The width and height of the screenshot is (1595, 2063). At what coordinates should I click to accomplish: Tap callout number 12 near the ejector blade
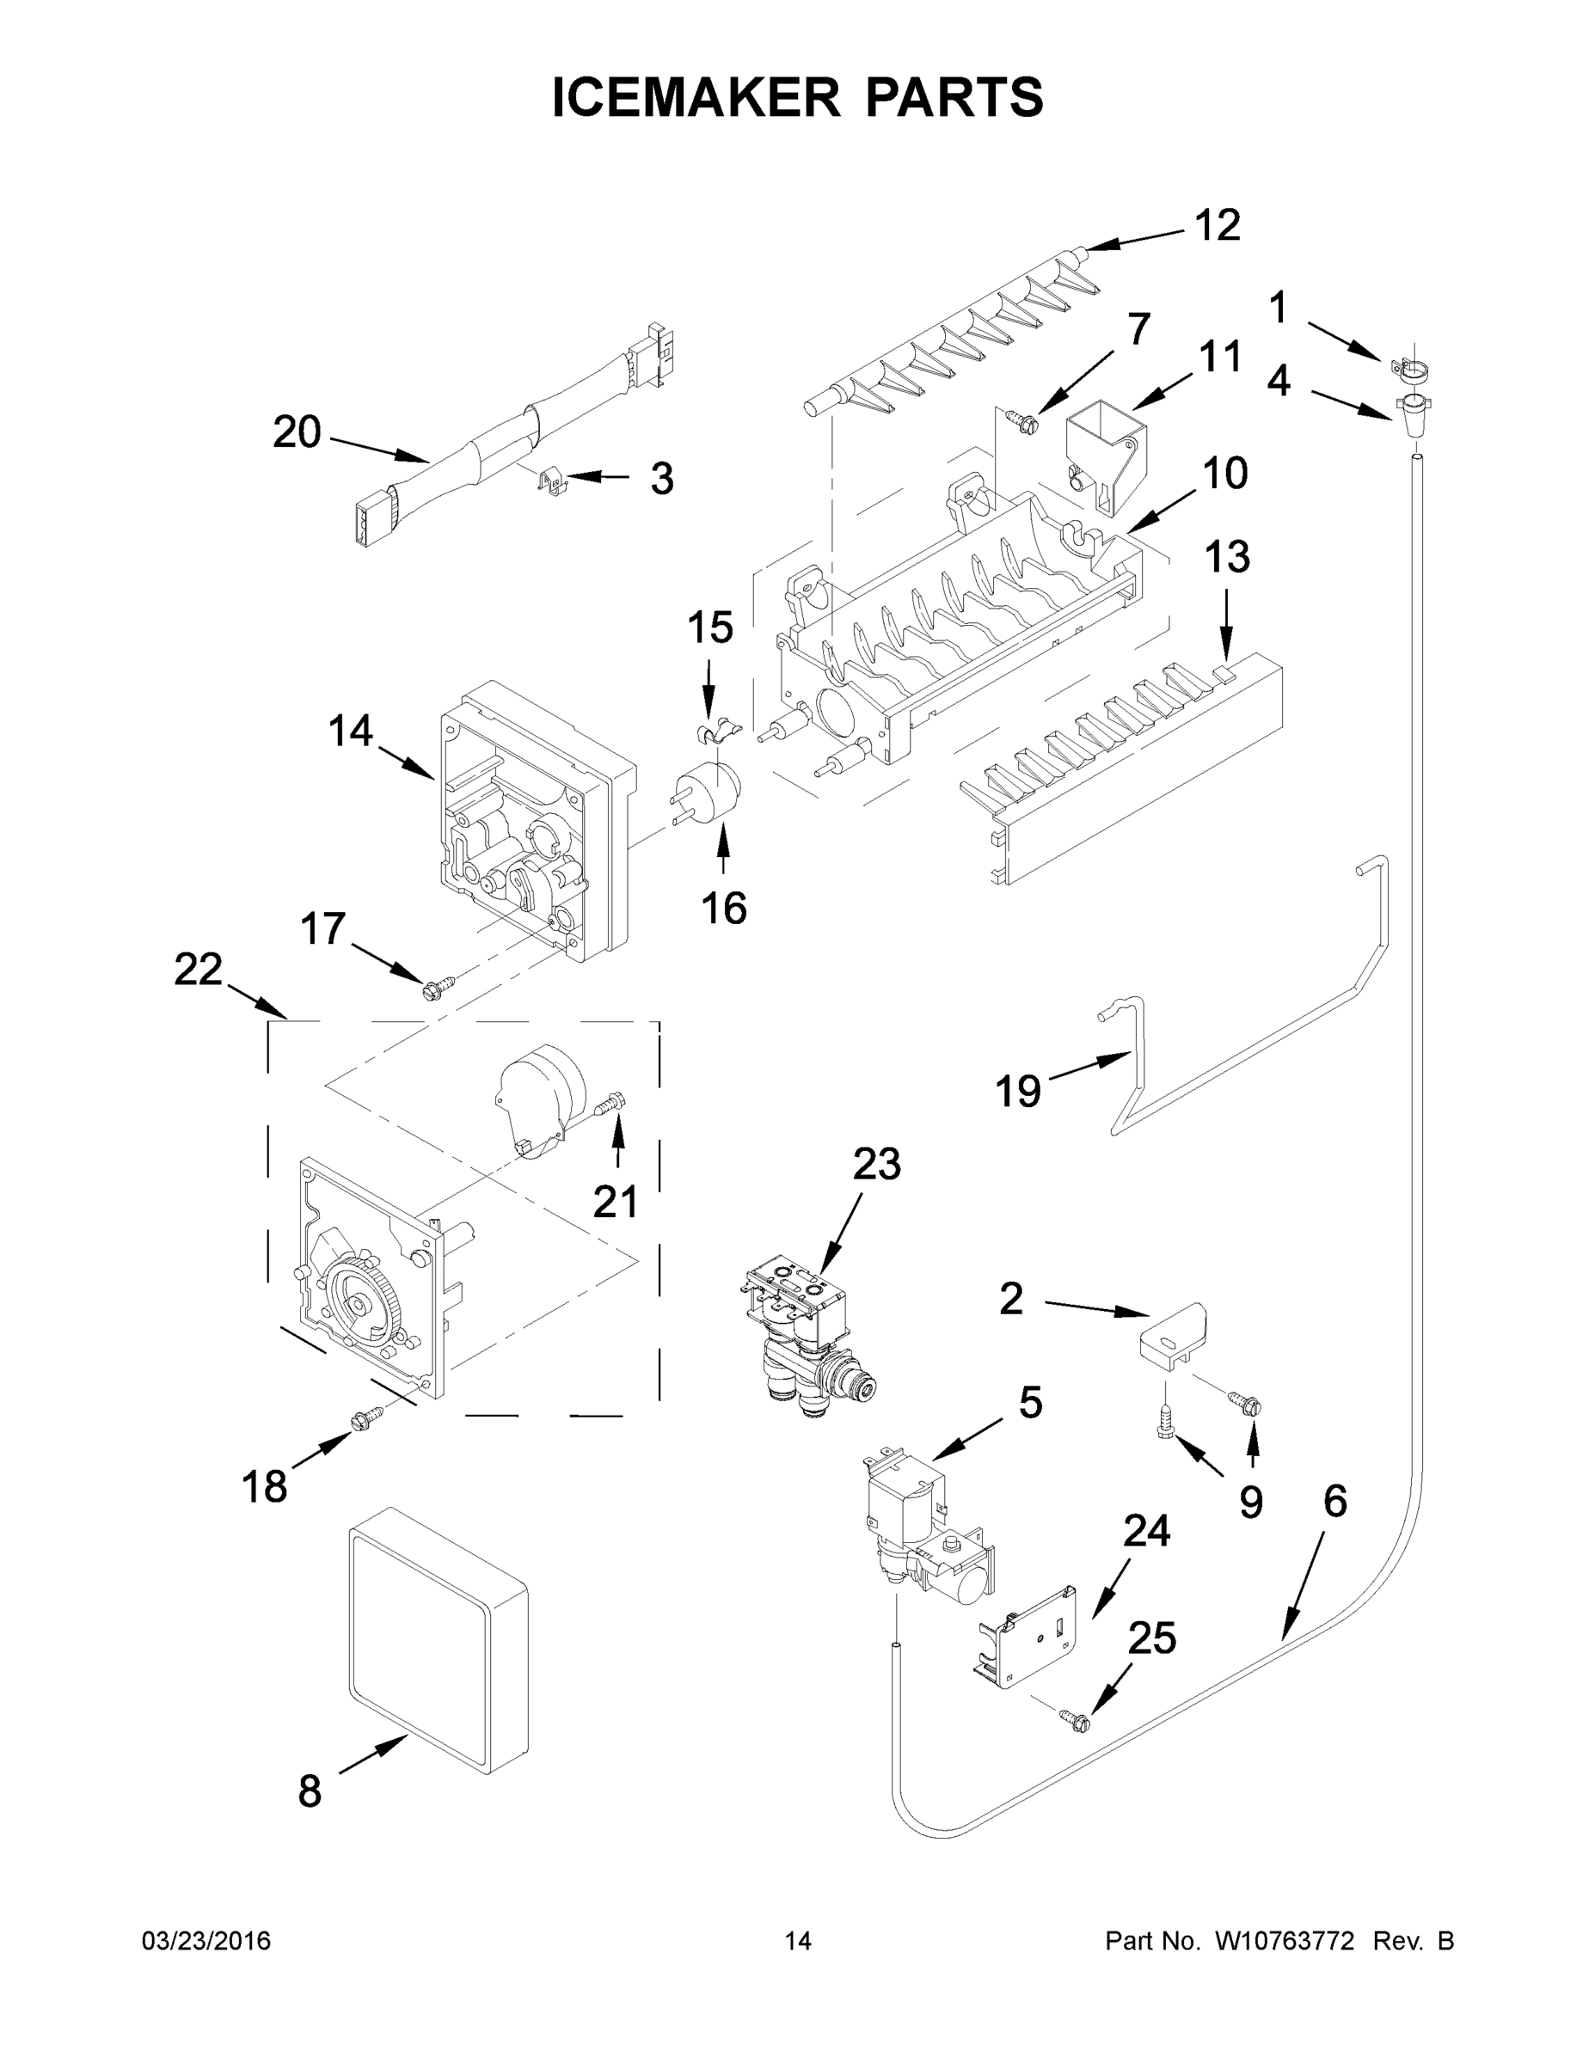[1217, 226]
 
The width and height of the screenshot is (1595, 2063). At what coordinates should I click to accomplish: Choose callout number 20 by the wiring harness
[297, 432]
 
